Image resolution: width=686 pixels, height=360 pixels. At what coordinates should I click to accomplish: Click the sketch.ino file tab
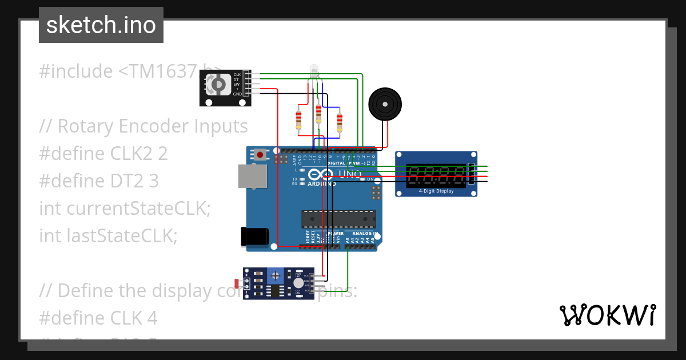click(101, 25)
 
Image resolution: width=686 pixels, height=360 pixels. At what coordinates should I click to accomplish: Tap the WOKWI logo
click(607, 315)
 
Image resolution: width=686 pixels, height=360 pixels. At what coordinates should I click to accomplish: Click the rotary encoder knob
click(218, 86)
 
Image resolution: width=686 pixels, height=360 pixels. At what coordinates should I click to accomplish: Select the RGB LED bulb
click(314, 71)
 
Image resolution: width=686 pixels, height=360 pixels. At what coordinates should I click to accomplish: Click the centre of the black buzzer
click(385, 105)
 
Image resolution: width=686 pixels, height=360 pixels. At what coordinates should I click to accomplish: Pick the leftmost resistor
click(298, 119)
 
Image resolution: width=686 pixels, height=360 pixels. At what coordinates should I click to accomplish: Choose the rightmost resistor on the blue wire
click(340, 121)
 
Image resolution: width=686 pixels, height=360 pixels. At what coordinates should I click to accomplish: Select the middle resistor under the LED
click(318, 114)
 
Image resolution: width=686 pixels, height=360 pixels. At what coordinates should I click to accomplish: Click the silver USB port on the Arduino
click(253, 176)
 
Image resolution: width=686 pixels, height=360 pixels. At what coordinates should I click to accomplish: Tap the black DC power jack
click(254, 236)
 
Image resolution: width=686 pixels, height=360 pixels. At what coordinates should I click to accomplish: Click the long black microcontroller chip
click(338, 219)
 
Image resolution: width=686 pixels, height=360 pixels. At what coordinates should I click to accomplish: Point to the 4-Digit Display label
click(436, 191)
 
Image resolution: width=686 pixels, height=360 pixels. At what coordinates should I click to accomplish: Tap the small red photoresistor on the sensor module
click(237, 283)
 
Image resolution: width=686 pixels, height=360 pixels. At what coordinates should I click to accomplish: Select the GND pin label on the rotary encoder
click(237, 94)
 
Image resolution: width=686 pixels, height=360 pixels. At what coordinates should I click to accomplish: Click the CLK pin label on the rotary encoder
click(237, 75)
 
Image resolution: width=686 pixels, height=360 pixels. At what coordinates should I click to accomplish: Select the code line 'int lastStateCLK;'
click(108, 235)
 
